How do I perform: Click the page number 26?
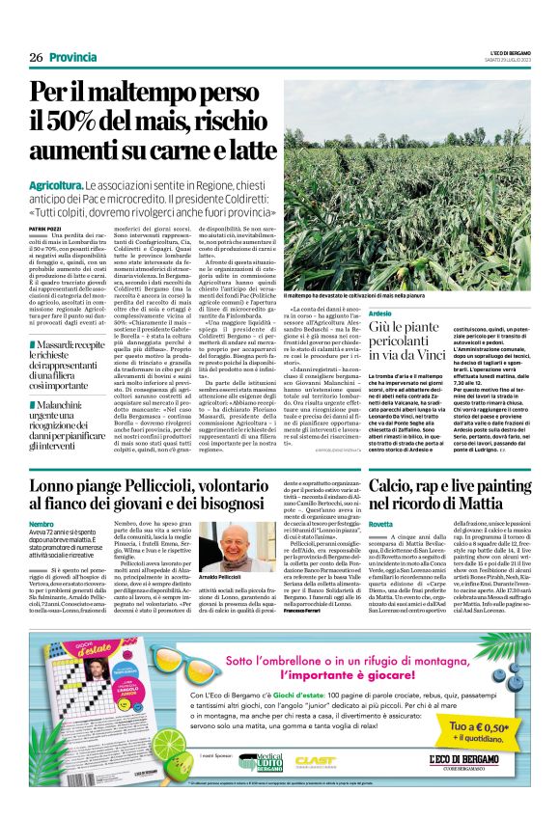tap(37, 58)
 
